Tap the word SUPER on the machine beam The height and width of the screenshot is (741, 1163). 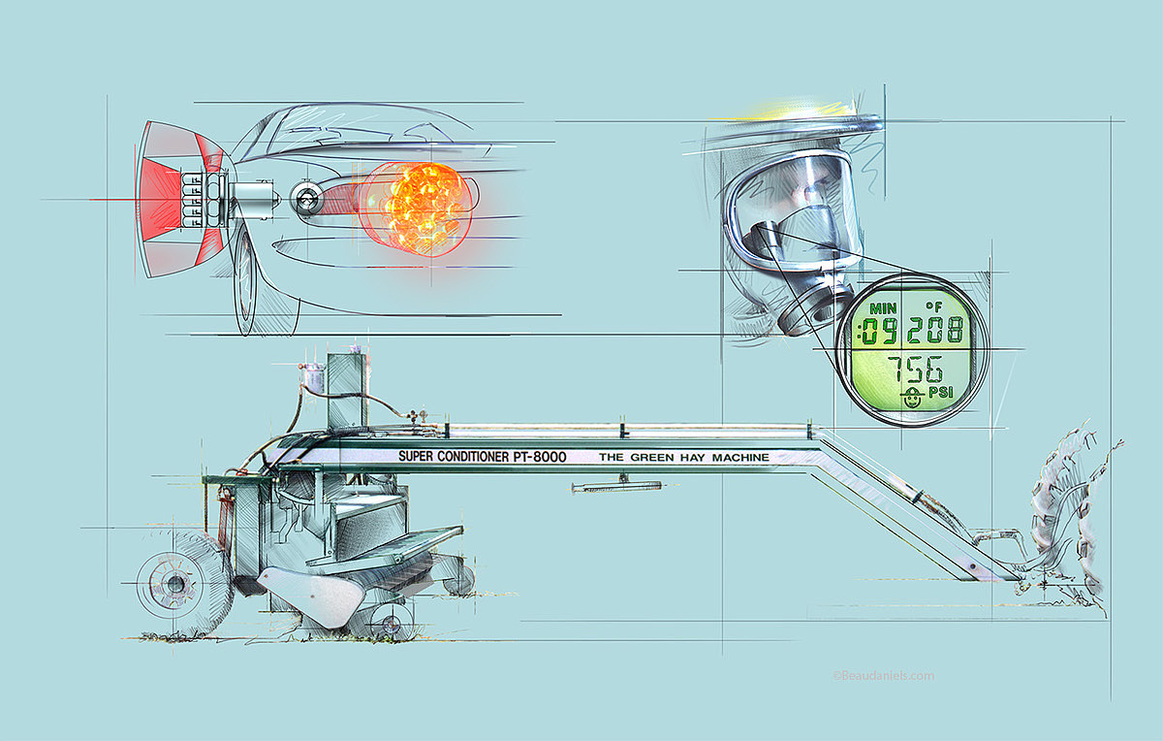point(419,456)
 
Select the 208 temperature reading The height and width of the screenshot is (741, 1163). point(935,332)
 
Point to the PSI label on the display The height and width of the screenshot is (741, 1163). point(940,395)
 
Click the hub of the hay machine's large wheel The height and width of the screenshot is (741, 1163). point(175,584)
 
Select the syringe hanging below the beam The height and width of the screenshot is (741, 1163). point(615,486)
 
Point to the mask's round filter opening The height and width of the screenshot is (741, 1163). point(812,310)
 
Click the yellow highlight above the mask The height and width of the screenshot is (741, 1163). point(795,109)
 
